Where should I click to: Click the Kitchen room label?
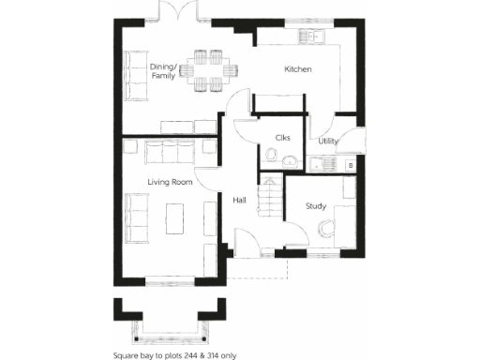point(298,70)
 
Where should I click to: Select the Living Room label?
point(169,180)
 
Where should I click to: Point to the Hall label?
point(240,200)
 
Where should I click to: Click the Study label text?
point(315,206)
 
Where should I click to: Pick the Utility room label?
point(327,141)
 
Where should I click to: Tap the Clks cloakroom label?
point(282,138)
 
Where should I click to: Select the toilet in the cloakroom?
point(290,158)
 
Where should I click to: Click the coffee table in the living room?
point(175,219)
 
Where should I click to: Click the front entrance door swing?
point(246,245)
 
